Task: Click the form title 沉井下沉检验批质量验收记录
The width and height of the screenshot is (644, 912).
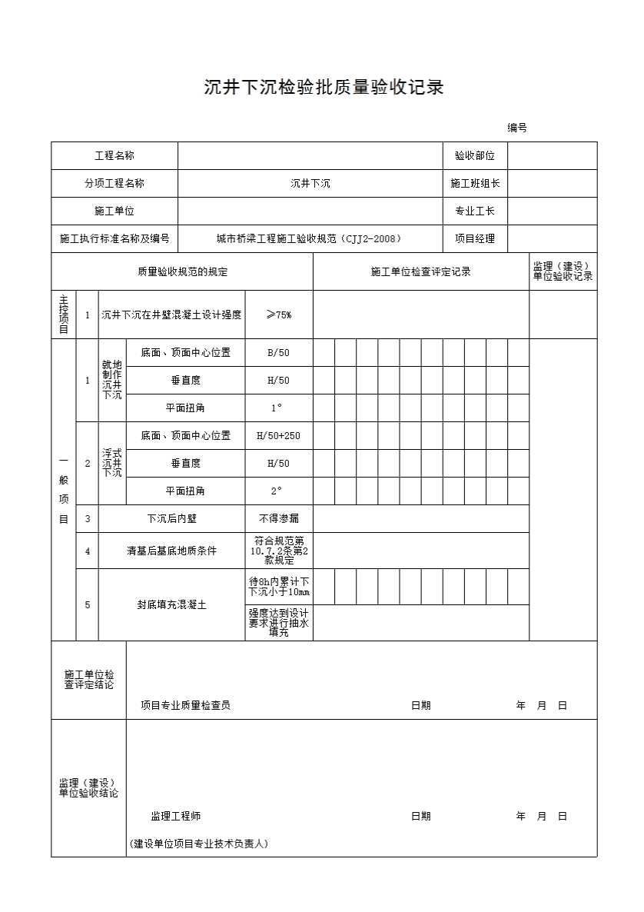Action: pyautogui.click(x=324, y=87)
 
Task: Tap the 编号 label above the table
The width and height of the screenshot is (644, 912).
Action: pyautogui.click(x=516, y=128)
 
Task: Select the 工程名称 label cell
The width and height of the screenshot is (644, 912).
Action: pyautogui.click(x=115, y=156)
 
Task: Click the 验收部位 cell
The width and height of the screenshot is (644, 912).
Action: pyautogui.click(x=475, y=156)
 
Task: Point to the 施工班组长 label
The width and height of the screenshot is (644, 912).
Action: pyautogui.click(x=475, y=184)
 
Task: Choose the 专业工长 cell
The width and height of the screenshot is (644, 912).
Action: pyautogui.click(x=475, y=211)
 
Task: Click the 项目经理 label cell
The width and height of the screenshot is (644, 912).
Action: pyautogui.click(x=475, y=239)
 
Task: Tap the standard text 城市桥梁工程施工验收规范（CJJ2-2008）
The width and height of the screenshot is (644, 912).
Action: pyautogui.click(x=310, y=239)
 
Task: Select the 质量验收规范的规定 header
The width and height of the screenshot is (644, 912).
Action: pyautogui.click(x=182, y=271)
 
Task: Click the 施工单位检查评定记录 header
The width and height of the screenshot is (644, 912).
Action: pyautogui.click(x=420, y=271)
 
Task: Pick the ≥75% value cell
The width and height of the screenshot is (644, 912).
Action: pyautogui.click(x=278, y=315)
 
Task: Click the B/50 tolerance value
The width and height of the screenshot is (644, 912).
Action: pyautogui.click(x=278, y=353)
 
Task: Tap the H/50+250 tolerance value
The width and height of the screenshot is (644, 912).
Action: pyautogui.click(x=278, y=436)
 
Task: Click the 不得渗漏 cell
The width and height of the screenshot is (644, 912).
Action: pyautogui.click(x=278, y=519)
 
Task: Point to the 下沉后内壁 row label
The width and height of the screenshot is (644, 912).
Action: pyautogui.click(x=171, y=519)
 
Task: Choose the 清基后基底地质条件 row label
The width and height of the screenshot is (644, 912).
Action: pyautogui.click(x=171, y=551)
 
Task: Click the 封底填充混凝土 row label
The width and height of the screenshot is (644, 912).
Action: pyautogui.click(x=171, y=605)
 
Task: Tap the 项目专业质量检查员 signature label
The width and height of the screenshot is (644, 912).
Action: pyautogui.click(x=185, y=705)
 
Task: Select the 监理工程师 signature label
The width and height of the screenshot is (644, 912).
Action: pyautogui.click(x=175, y=816)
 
